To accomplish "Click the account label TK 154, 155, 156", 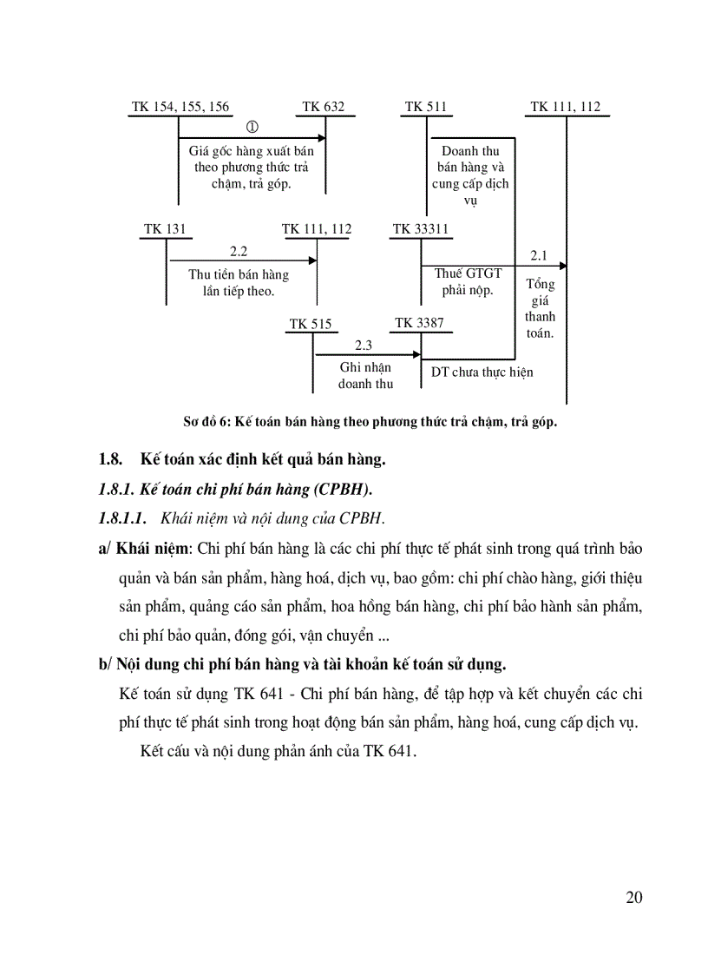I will [x=180, y=107].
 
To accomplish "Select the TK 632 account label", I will [x=323, y=107].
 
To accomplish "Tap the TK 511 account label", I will [x=426, y=107].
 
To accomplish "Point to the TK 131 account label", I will [x=165, y=229].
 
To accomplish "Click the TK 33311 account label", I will [x=421, y=229].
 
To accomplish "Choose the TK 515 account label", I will [x=311, y=324].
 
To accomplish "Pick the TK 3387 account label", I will [x=419, y=323].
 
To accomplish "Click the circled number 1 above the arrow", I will [x=253, y=127].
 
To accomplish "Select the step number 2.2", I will [x=239, y=251].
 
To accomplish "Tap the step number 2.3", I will [x=363, y=345].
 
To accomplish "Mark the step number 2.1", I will [x=539, y=255].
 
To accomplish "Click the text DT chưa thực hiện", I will [x=482, y=372].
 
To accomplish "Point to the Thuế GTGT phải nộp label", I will [x=468, y=281].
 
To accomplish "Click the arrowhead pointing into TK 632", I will [x=322, y=137].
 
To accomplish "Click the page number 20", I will [x=633, y=897].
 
